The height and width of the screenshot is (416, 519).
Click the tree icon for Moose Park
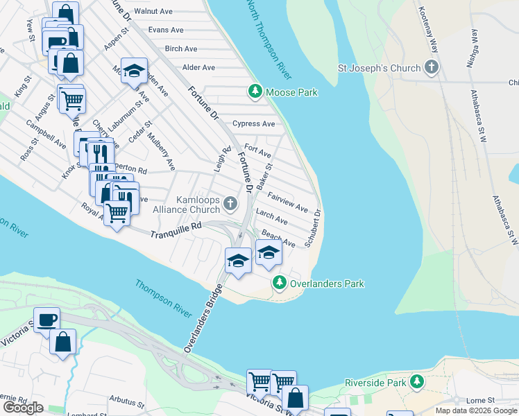click(255, 91)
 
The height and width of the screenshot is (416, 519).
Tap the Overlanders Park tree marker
click(279, 282)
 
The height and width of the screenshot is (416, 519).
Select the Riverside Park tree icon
click(416, 382)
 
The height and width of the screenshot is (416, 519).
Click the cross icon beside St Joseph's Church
click(432, 68)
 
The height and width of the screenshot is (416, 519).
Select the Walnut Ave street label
click(153, 12)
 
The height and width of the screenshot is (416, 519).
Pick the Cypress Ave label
click(254, 124)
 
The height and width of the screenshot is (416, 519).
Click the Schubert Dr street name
click(318, 227)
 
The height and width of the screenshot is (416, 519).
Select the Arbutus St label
click(126, 401)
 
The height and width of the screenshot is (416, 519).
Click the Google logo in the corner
click(23, 408)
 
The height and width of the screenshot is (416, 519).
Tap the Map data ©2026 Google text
click(475, 410)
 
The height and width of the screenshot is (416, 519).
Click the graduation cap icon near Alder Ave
click(134, 70)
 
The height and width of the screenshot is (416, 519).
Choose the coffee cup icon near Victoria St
click(46, 320)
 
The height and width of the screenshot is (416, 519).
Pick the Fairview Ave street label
click(287, 202)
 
